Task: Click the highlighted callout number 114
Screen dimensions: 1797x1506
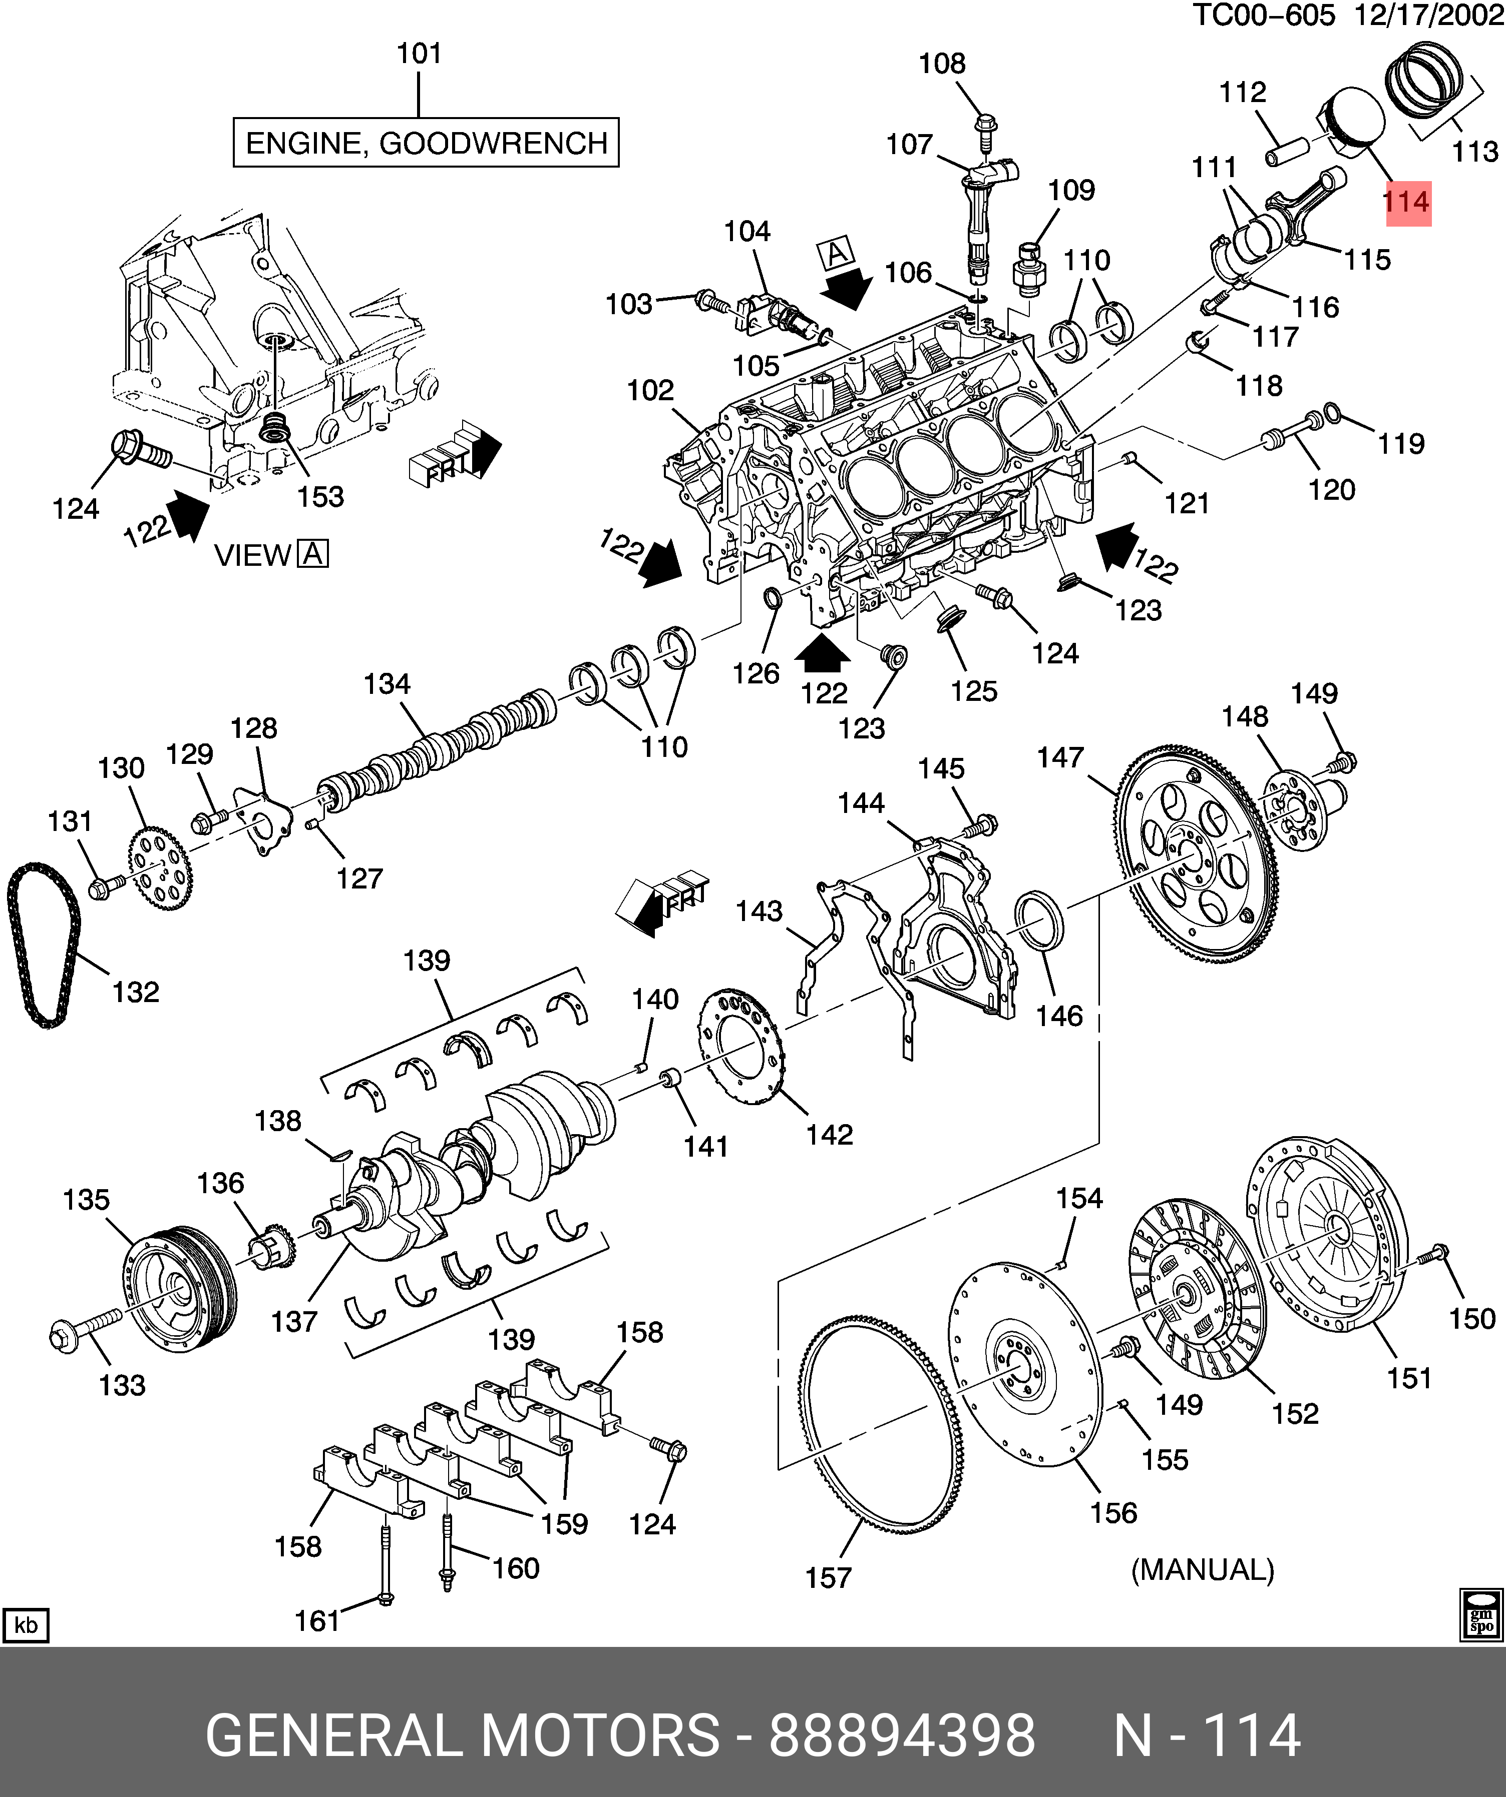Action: (1407, 203)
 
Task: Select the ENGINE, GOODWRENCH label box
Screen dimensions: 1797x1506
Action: (426, 143)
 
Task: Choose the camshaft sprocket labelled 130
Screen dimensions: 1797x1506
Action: (160, 866)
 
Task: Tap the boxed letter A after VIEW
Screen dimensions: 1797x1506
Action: (313, 554)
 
